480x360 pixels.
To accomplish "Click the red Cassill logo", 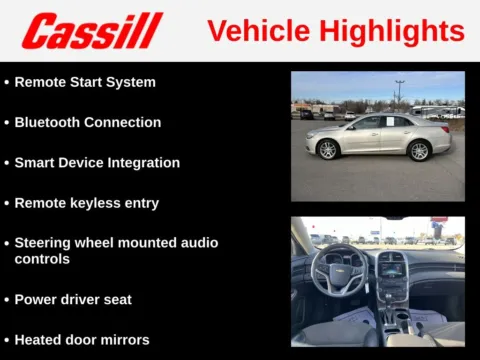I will click(x=92, y=31).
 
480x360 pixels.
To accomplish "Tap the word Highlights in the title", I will click(x=393, y=31).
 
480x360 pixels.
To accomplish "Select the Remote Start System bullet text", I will click(x=85, y=82).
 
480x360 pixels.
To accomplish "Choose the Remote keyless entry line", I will click(x=86, y=202).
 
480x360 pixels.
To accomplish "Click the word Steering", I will click(x=44, y=242).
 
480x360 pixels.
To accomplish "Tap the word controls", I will click(x=42, y=258).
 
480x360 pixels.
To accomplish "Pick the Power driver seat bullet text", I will click(x=73, y=299).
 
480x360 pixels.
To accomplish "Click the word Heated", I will click(x=39, y=339).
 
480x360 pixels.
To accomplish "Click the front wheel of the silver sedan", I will click(x=328, y=150).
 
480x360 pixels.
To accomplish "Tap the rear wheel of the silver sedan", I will click(x=419, y=150).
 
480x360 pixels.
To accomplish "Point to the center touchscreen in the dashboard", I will click(x=391, y=265).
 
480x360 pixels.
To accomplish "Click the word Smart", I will click(x=35, y=162).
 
